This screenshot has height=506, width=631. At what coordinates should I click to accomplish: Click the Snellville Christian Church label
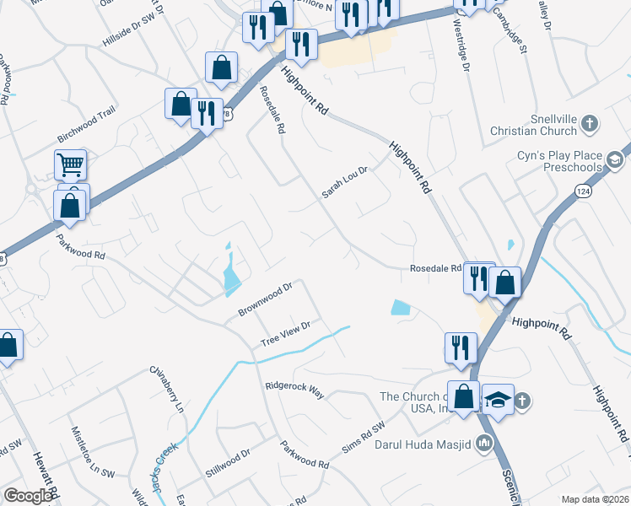534,126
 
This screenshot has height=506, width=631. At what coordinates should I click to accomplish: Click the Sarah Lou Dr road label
344,182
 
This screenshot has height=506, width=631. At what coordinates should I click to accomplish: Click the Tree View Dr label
286,332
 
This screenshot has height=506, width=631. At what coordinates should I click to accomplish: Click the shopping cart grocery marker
71,164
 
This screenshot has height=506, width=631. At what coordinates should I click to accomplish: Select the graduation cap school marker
498,398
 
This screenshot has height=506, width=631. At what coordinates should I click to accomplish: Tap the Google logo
28,496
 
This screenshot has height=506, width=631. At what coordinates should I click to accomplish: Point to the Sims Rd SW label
363,439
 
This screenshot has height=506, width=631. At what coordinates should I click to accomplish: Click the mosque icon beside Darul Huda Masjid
483,441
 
